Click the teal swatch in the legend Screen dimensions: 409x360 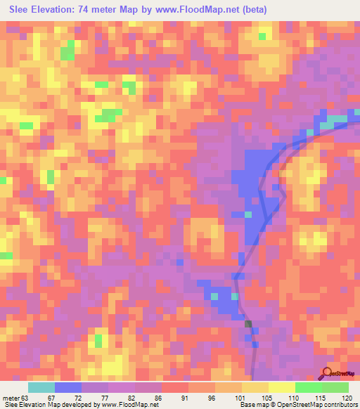41,387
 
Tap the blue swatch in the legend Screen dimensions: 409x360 68,387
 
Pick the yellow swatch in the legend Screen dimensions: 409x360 255,387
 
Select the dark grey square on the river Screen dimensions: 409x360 248,323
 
